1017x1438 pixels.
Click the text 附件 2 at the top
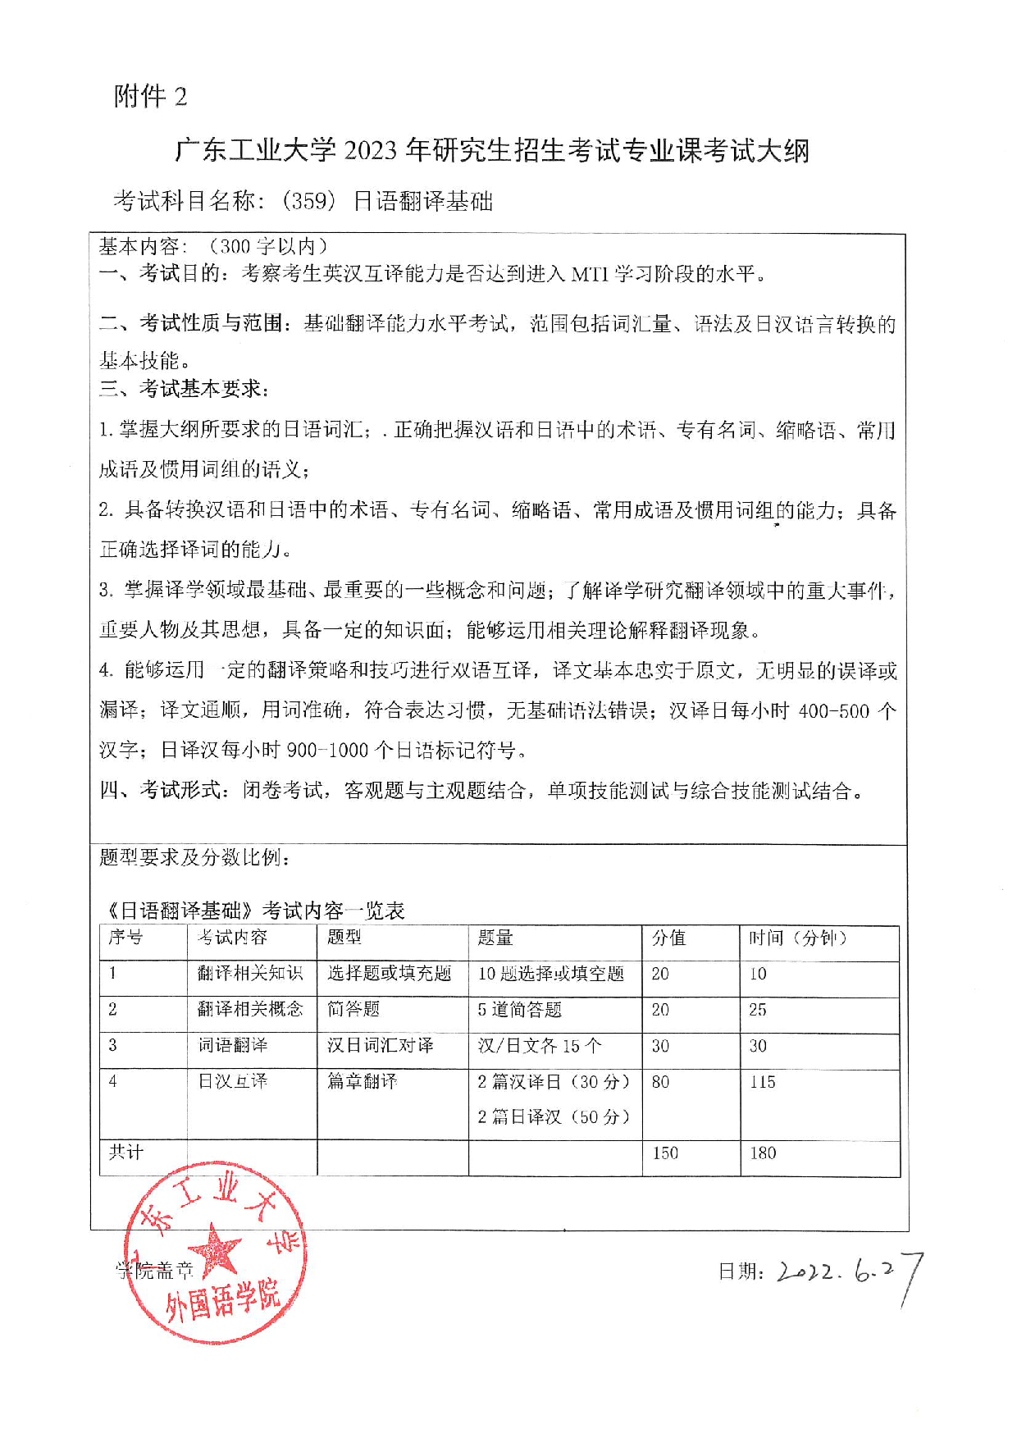tap(150, 97)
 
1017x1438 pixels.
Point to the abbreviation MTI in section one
tap(590, 274)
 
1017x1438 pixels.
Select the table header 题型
tap(344, 938)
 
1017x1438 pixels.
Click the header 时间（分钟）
tap(797, 938)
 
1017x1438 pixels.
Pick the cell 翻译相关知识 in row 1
tap(250, 974)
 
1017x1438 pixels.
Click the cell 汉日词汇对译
tap(380, 1046)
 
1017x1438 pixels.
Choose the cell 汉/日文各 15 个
tap(539, 1046)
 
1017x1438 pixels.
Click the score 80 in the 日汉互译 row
tap(660, 1082)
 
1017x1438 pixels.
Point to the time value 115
tap(762, 1082)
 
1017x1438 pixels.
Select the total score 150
tap(665, 1153)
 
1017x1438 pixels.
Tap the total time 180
tap(763, 1153)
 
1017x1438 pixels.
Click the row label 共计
tap(126, 1153)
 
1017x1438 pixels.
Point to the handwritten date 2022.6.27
tap(849, 1273)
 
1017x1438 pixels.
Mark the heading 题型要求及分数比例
tap(194, 857)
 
